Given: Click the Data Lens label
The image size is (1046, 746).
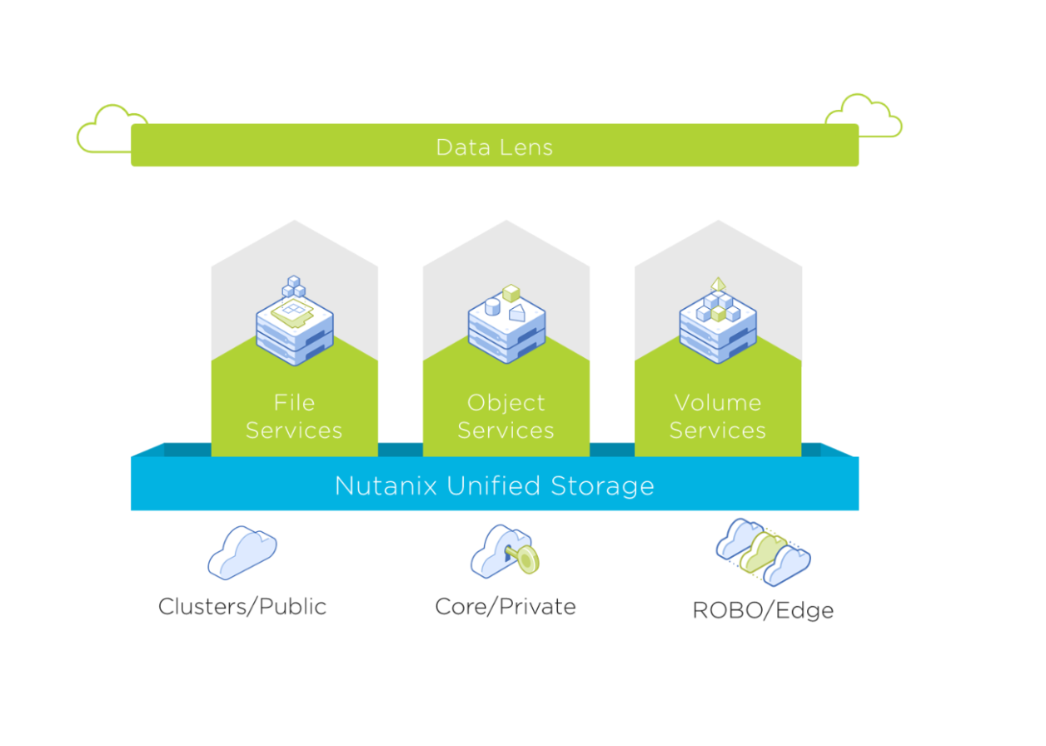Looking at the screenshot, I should point(494,147).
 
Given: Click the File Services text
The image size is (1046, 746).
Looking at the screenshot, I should point(294,416).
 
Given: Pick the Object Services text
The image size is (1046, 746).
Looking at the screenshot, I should point(506,416).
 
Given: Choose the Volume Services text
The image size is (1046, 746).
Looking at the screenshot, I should point(717,416).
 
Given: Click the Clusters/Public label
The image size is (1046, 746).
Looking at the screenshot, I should point(242,606).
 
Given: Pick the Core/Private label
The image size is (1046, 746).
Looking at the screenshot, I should point(506,606).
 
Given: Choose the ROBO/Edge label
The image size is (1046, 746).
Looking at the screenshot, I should point(763,611).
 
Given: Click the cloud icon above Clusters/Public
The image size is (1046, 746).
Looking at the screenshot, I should point(242,551).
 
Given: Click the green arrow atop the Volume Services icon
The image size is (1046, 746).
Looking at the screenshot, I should point(717,284).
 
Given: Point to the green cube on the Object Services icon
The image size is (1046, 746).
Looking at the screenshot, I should point(511,292).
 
